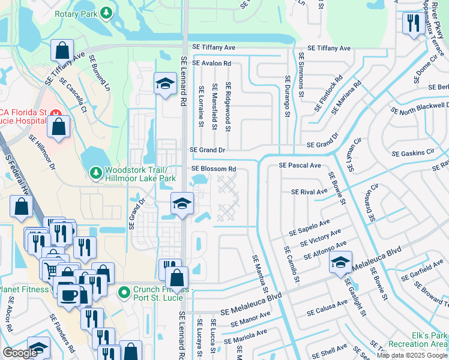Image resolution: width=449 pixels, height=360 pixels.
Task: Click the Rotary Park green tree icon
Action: pyautogui.click(x=106, y=13)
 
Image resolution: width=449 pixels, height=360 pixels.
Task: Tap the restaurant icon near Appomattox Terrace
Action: pyautogui.click(x=413, y=23)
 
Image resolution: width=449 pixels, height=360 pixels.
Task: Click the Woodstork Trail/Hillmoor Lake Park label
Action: pyautogui.click(x=140, y=174)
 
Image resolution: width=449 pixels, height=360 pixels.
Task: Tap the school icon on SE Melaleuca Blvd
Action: pyautogui.click(x=340, y=263)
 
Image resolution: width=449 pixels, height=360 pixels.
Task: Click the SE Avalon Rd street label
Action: pyautogui.click(x=211, y=63)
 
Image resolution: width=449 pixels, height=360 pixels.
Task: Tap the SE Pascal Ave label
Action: pyautogui.click(x=300, y=165)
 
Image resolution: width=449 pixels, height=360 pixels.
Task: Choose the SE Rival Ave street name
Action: pyautogui.click(x=309, y=192)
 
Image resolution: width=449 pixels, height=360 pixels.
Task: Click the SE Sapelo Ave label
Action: pyautogui.click(x=309, y=227)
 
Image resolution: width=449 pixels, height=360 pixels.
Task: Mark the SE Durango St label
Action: pyautogui.click(x=288, y=96)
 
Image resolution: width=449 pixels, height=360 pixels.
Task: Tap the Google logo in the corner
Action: pyautogui.click(x=20, y=353)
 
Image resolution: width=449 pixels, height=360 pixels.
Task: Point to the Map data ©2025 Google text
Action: pyautogui.click(x=412, y=355)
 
